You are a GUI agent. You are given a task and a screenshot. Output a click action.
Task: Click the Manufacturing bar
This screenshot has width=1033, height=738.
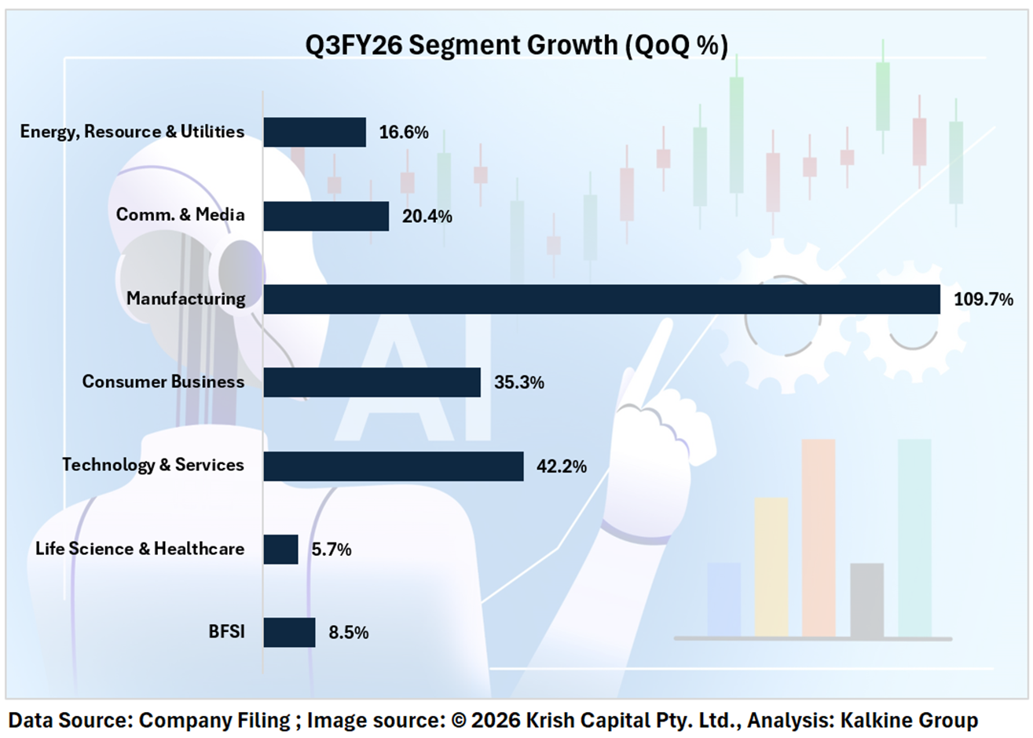click(x=601, y=299)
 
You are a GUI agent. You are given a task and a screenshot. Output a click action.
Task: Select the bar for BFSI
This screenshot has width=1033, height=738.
click(x=289, y=632)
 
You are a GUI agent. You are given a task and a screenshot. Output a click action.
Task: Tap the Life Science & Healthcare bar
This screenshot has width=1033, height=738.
click(x=280, y=549)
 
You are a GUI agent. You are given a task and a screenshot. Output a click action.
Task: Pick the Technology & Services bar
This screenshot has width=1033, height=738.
click(x=393, y=466)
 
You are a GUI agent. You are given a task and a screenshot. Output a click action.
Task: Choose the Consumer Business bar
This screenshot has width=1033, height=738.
click(x=372, y=382)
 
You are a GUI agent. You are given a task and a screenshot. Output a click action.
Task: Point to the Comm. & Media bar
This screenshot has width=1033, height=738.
click(x=326, y=216)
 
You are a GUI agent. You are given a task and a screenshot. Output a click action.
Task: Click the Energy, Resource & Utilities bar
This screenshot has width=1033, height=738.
click(x=314, y=132)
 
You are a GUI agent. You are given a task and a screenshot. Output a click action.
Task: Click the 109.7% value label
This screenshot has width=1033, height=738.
click(x=983, y=299)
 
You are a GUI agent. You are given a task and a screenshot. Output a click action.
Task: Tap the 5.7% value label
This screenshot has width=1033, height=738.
click(x=331, y=550)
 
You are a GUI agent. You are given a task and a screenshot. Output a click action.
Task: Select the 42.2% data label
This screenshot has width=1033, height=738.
click(x=561, y=466)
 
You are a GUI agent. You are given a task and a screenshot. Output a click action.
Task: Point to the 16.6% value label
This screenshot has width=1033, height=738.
click(x=403, y=133)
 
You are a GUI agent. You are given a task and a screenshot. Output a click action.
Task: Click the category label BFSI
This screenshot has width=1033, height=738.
click(x=226, y=631)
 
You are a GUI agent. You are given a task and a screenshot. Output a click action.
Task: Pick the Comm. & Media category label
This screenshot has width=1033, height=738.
click(x=180, y=215)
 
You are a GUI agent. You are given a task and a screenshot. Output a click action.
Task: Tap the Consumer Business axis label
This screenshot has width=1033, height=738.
click(x=163, y=382)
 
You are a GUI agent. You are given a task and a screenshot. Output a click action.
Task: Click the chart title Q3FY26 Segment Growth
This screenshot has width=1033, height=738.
click(x=516, y=46)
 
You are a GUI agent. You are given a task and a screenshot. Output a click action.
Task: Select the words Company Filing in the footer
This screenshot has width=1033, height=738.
click(x=214, y=720)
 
